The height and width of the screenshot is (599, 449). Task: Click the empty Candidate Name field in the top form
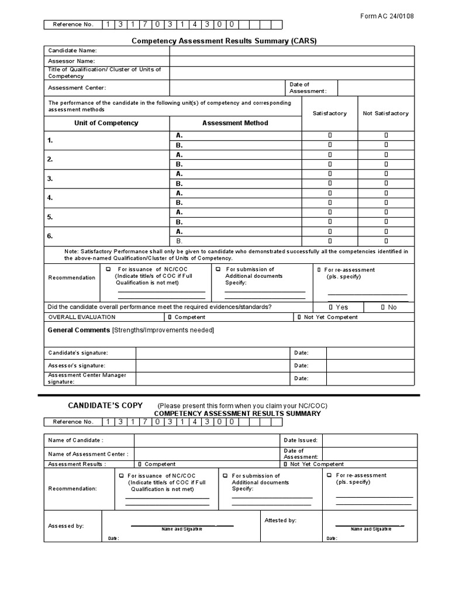(x=292, y=51)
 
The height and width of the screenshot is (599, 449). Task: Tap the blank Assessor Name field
(x=292, y=61)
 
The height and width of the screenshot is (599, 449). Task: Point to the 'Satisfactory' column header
(x=330, y=113)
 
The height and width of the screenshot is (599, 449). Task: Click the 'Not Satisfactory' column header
(x=386, y=113)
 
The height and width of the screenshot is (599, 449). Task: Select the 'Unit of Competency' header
(x=106, y=123)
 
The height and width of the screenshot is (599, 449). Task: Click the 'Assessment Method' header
(x=235, y=123)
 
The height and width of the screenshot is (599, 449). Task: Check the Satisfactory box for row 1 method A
(x=330, y=135)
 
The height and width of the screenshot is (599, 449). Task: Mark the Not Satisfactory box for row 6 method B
(x=386, y=240)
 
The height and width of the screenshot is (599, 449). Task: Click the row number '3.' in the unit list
(x=50, y=178)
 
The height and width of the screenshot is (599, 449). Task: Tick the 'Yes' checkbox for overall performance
(x=331, y=307)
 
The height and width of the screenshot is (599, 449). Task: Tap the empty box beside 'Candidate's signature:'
(x=213, y=353)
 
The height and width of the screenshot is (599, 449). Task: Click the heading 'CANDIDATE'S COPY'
(x=103, y=405)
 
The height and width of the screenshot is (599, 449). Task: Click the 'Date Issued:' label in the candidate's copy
(x=301, y=440)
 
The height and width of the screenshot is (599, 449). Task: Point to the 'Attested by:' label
(x=280, y=520)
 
